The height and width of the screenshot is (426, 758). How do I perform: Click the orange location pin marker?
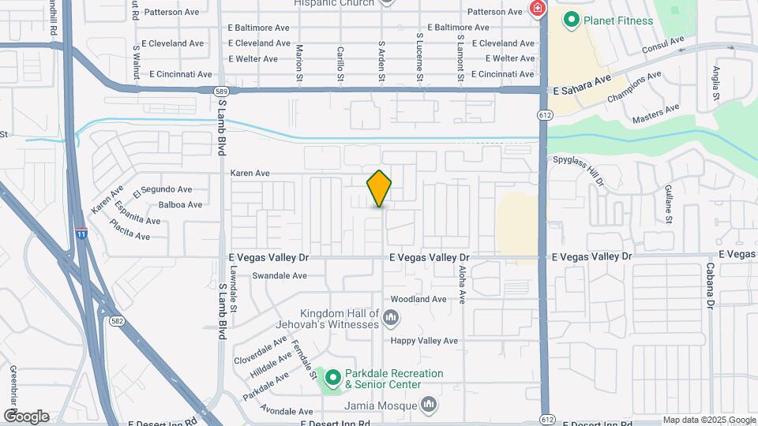(379, 188)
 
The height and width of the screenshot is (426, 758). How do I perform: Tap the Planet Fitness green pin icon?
(570, 20)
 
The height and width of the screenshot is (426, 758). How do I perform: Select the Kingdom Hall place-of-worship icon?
(390, 317)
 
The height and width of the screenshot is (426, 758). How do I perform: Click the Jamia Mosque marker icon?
(428, 405)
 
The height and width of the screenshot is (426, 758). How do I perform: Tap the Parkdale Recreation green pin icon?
(332, 379)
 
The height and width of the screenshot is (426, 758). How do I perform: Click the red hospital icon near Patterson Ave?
(538, 9)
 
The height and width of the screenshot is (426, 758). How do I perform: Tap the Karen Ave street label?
(250, 173)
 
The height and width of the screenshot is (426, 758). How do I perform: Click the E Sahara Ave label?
(583, 82)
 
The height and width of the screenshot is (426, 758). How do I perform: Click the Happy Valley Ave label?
(425, 341)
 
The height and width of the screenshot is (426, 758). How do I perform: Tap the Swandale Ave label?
(279, 276)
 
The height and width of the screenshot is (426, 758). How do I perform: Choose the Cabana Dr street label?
(710, 285)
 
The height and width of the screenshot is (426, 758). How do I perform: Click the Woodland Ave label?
(418, 299)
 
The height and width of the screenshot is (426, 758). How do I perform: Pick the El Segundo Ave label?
(163, 189)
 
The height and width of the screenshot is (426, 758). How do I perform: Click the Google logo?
(26, 417)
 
